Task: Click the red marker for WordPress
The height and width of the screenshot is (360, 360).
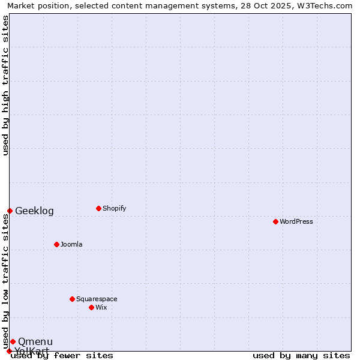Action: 275,221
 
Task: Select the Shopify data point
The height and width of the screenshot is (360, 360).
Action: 98,208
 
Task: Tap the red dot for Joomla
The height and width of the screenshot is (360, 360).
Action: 56,244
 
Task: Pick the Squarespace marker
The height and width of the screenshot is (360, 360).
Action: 72,299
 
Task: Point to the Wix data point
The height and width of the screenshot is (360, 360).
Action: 91,307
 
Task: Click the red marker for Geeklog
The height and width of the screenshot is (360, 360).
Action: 10,211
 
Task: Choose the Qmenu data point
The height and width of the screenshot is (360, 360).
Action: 13,341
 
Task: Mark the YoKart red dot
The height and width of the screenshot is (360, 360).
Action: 9,351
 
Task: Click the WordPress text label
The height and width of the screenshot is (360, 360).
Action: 296,221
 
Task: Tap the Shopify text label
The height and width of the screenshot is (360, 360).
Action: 115,208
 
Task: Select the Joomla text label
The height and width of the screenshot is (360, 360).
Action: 71,244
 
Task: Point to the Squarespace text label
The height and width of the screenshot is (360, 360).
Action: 97,299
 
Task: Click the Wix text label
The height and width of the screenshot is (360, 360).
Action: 101,307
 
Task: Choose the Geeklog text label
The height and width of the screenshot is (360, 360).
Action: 34,211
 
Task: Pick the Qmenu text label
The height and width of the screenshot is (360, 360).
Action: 35,341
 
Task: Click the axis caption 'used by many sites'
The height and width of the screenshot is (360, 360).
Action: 301,356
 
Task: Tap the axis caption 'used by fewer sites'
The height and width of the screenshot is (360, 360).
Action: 62,356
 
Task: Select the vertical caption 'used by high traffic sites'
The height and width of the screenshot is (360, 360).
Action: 5,85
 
